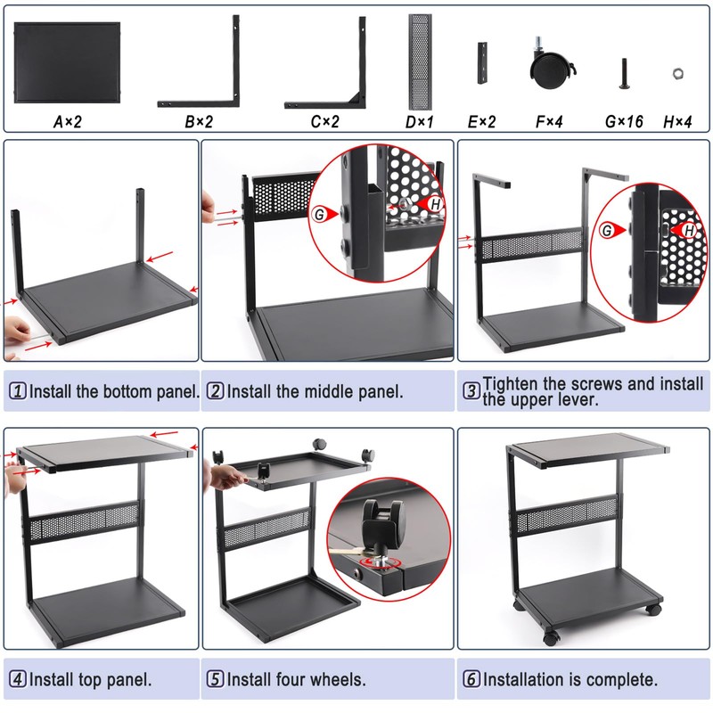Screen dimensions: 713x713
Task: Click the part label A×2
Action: click(68, 119)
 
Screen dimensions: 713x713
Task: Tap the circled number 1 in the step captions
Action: click(17, 391)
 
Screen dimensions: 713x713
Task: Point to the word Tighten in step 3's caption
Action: click(512, 384)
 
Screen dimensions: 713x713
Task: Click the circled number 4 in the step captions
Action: click(17, 679)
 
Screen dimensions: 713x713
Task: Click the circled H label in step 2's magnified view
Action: click(435, 205)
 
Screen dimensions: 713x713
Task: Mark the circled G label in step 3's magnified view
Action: click(609, 231)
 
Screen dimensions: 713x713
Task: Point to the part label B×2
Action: click(198, 119)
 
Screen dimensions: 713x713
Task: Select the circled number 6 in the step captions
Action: click(471, 679)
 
